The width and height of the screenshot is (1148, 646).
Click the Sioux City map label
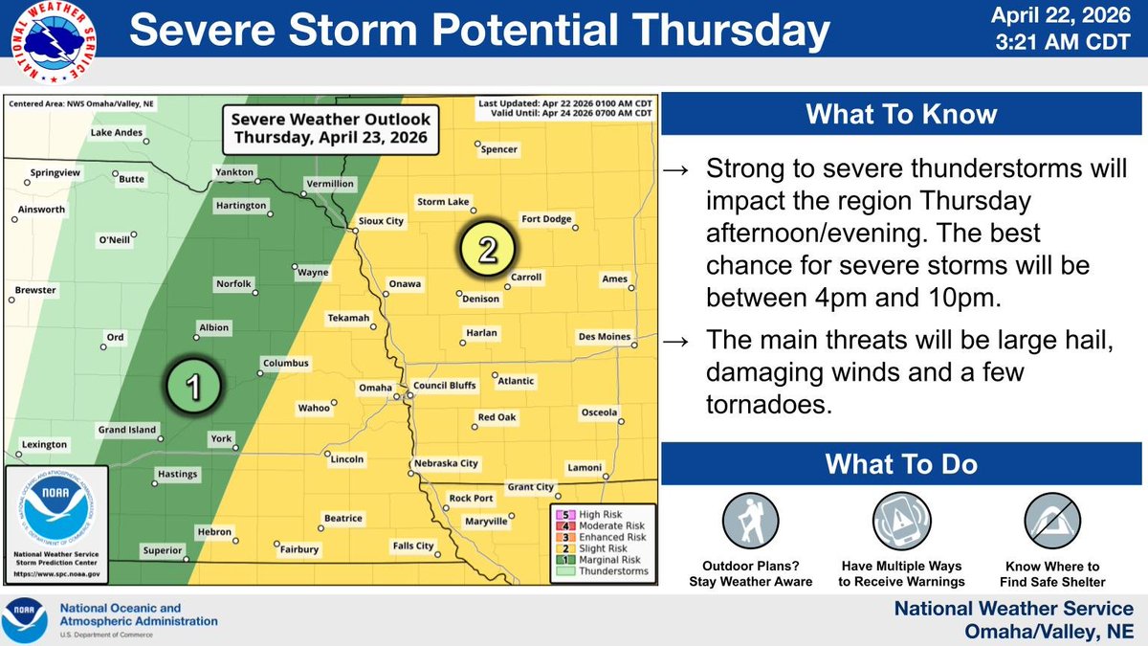pos(381,221)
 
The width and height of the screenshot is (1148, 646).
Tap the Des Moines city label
pos(605,337)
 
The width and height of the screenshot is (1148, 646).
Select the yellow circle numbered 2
pos(487,251)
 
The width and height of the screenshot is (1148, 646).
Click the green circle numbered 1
pos(192,387)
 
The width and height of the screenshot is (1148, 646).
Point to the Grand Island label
pos(126,431)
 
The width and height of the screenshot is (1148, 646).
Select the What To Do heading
pos(900,464)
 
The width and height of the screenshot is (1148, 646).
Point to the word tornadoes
pos(765,405)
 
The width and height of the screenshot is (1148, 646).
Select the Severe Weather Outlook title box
pos(326,129)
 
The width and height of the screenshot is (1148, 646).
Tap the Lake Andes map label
pos(116,133)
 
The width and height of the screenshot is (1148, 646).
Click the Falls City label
pos(413,546)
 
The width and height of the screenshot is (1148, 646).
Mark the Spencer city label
pos(499,150)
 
